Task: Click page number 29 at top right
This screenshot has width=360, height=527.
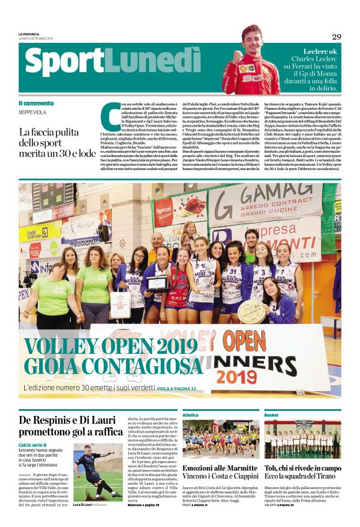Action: click(336, 37)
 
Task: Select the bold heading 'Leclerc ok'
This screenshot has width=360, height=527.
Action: click(320, 51)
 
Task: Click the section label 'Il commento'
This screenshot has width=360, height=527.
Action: click(36, 103)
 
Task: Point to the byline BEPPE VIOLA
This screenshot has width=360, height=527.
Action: click(32, 112)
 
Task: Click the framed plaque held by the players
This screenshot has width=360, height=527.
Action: click(157, 284)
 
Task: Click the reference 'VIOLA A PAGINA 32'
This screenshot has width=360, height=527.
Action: click(176, 389)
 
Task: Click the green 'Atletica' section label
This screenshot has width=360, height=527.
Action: click(190, 415)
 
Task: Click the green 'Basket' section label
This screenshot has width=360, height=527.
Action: click(271, 415)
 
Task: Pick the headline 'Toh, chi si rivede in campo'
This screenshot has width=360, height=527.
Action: click(303, 469)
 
